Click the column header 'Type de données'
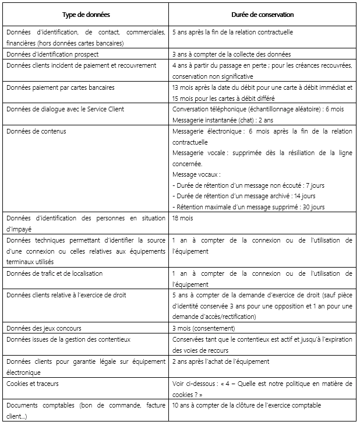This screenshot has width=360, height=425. coord(86,15)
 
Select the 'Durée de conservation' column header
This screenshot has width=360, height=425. coord(262,15)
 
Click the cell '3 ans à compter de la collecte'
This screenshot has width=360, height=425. coord(227,54)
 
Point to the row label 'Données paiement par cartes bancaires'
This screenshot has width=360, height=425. coord(61,87)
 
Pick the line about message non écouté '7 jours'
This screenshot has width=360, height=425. coord(249,185)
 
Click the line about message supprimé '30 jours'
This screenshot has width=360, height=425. coord(249,207)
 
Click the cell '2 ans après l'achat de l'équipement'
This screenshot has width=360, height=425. coord(221,361)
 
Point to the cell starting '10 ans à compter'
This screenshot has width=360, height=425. coord(246,405)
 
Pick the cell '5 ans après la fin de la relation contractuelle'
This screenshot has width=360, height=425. coord(233,32)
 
